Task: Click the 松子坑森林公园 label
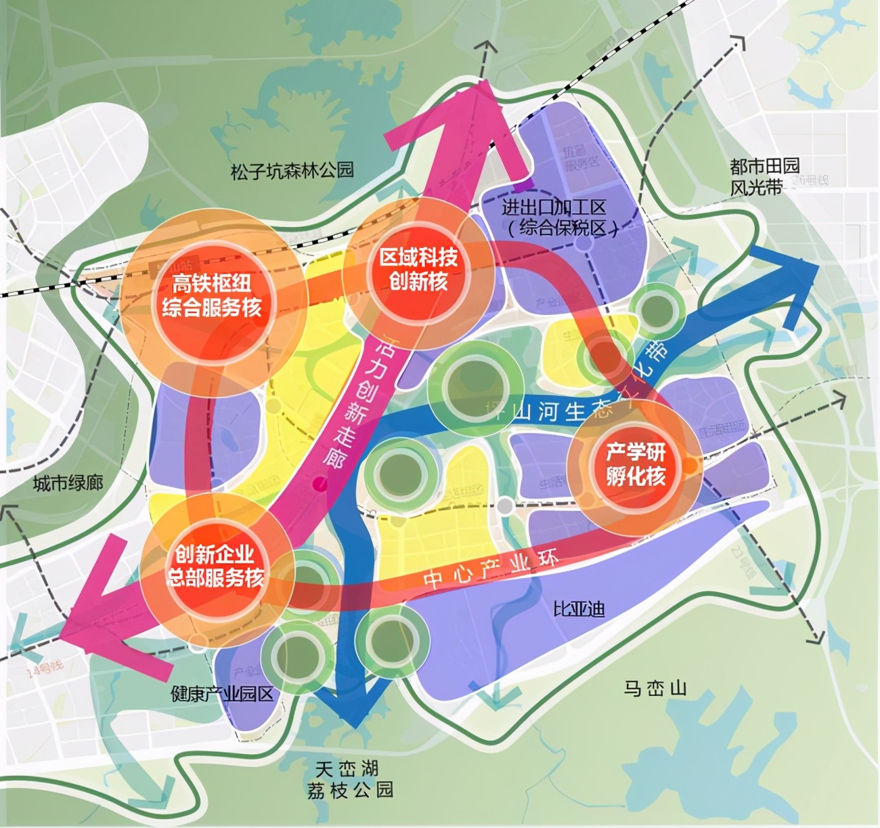point(292,170)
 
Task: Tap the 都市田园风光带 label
point(764,176)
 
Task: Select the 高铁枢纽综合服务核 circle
point(211,297)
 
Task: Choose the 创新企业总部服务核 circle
point(215,566)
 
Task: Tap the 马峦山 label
point(655,689)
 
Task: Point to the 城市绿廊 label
point(68,483)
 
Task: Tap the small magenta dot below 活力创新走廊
point(319,483)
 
